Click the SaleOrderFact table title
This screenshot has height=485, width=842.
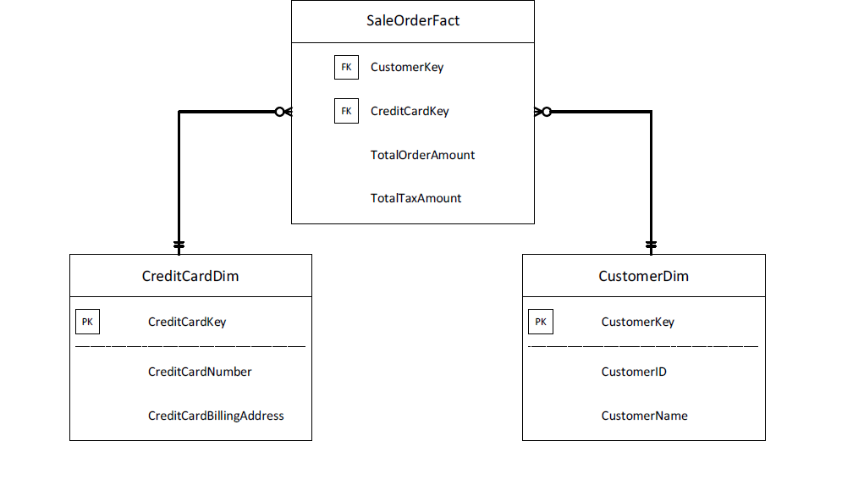[413, 21]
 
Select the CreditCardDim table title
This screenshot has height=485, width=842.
[190, 276]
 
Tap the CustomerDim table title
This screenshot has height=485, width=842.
[643, 276]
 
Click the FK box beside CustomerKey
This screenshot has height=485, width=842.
[346, 67]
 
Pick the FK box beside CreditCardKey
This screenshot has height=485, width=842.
[346, 111]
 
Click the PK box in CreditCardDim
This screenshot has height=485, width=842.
[87, 322]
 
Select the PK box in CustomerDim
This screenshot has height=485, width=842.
[541, 322]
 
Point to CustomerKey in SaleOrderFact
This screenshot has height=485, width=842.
[407, 67]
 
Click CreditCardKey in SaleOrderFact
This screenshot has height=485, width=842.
[410, 111]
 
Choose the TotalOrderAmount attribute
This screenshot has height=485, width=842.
[422, 155]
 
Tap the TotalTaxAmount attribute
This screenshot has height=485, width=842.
[415, 198]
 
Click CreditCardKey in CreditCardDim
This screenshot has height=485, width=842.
[187, 322]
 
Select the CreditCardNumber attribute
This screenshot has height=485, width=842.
[200, 372]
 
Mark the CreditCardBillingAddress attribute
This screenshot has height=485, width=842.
[216, 416]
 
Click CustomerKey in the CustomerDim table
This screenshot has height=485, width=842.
[638, 322]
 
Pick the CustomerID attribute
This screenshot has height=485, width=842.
[634, 372]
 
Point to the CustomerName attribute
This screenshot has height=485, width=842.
[645, 416]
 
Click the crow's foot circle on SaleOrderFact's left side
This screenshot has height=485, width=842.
[279, 112]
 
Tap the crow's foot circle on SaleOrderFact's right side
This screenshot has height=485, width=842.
[547, 112]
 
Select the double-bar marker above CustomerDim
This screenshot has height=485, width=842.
[651, 245]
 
